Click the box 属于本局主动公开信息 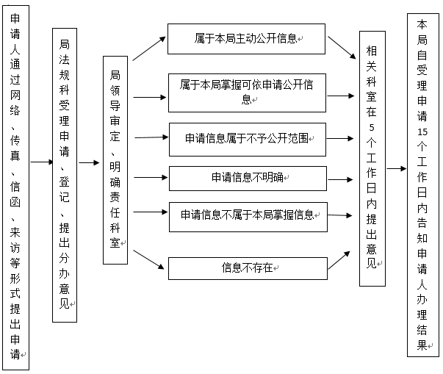(x=246, y=38)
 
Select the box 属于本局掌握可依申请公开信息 (x=246, y=92)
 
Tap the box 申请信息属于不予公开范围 (x=246, y=138)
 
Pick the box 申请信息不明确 (x=246, y=177)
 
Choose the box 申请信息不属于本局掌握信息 (x=246, y=215)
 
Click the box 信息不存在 (x=246, y=267)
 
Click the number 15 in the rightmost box (x=420, y=132)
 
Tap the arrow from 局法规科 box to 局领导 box (x=89, y=163)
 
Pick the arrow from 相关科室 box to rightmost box (x=395, y=168)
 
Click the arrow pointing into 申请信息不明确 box (x=151, y=177)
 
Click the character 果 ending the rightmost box (x=421, y=345)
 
